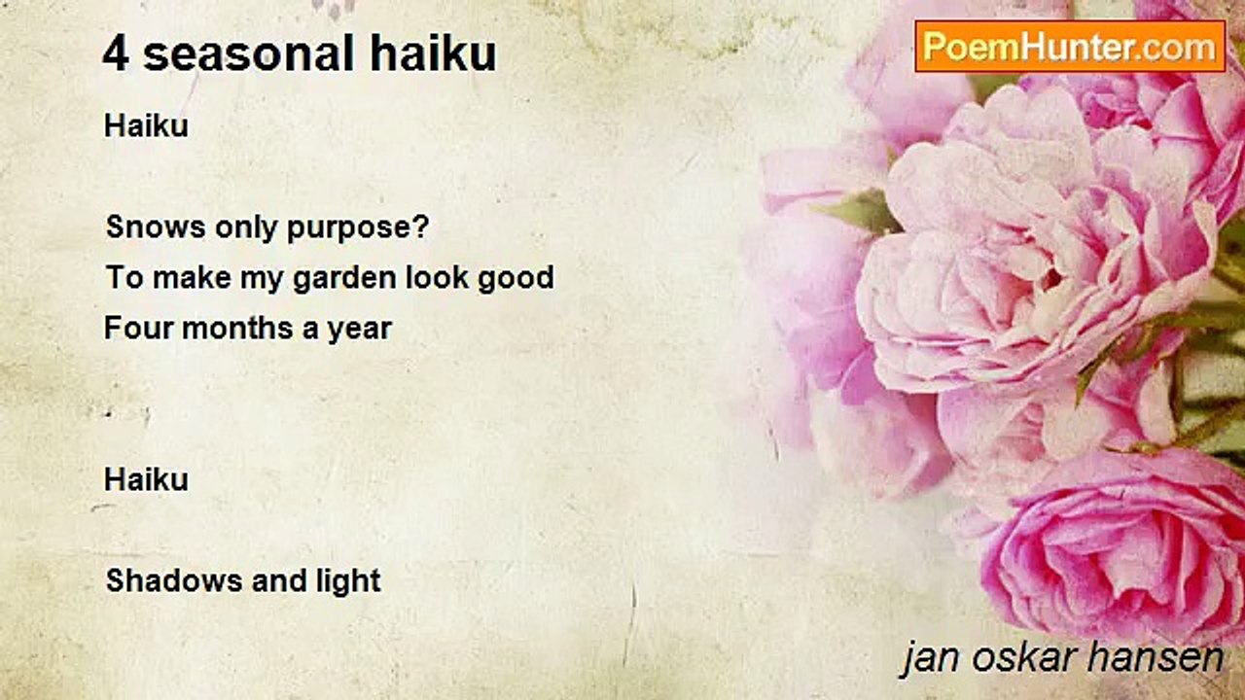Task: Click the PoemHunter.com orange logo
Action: coord(1070,47)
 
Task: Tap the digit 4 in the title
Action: coord(116,53)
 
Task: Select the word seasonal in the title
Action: coord(249,53)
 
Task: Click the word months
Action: coord(237,328)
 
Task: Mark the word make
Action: coord(192,277)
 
